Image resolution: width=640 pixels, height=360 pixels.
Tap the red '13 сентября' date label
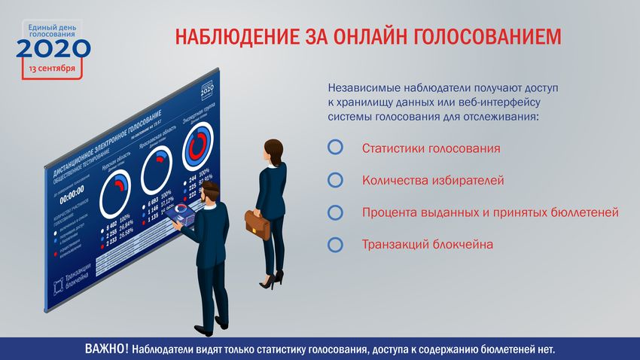52,69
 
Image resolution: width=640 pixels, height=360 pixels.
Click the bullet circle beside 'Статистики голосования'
336,148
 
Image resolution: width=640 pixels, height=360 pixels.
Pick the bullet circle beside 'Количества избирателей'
336,180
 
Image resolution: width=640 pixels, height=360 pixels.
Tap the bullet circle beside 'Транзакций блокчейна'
336,244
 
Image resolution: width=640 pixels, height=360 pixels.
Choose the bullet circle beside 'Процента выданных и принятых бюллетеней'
336,212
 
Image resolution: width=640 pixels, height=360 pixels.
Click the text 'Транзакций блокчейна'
427,244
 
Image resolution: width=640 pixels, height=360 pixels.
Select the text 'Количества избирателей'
432,180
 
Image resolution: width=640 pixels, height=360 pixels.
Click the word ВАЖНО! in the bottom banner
106,349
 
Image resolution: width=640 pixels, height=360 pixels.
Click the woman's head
272,148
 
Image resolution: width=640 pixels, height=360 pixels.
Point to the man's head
212,191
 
